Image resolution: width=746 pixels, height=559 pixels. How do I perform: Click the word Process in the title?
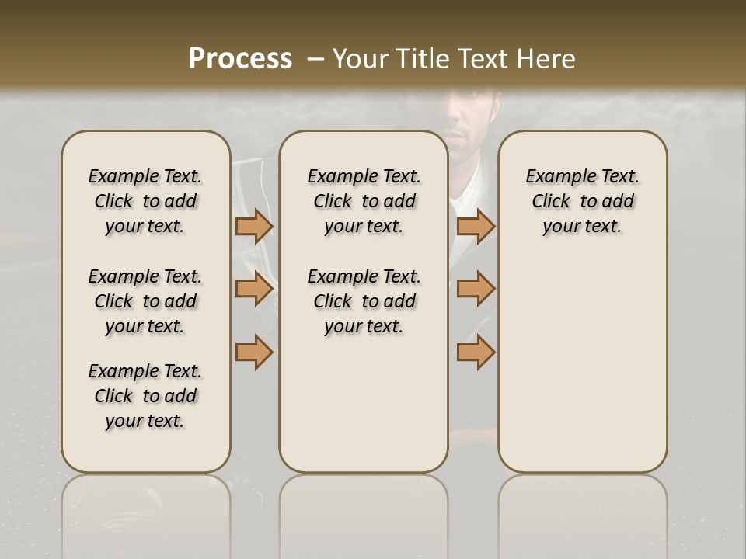(240, 59)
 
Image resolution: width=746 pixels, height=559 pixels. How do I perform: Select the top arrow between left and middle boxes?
(254, 226)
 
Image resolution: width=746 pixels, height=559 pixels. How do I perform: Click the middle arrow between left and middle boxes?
(254, 289)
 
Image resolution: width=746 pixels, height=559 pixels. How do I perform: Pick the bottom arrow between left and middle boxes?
(254, 352)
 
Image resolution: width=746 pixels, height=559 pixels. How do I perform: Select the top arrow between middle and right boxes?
(476, 226)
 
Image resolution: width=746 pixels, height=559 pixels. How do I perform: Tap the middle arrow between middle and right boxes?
(476, 289)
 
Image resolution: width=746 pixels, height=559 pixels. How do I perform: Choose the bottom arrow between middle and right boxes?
(476, 352)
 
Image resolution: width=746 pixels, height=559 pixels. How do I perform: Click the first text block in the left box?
(145, 201)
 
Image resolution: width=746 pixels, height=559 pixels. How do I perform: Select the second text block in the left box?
(145, 301)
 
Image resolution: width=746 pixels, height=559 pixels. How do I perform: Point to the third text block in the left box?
(145, 396)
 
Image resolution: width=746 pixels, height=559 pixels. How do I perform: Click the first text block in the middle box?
(364, 201)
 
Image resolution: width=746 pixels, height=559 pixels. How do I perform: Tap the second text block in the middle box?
(364, 301)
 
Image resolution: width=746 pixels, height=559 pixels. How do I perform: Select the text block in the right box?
(582, 201)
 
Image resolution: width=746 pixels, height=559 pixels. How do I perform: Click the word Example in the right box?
(555, 177)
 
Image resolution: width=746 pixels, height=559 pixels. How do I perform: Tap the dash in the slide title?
(315, 59)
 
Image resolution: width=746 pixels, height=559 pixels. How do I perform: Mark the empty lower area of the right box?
(582, 365)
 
